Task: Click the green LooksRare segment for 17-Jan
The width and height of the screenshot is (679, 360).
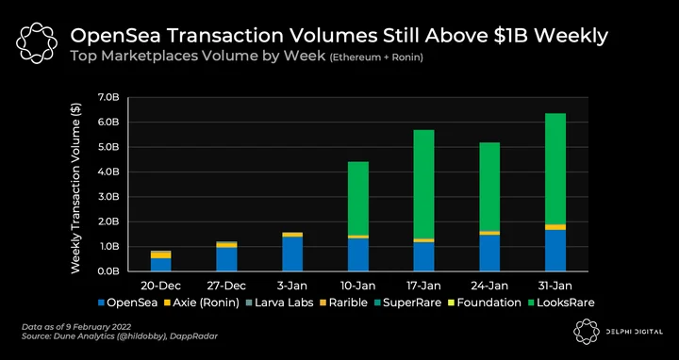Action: [x=423, y=185]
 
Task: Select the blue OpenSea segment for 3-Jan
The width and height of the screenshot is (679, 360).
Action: [x=292, y=254]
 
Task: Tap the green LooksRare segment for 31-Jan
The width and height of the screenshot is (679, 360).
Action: [x=555, y=169]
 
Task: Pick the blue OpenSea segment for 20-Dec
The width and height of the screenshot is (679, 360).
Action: [x=160, y=265]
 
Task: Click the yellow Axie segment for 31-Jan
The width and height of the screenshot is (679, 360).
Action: [x=555, y=227]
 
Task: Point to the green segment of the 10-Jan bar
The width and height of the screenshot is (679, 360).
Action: [x=358, y=199]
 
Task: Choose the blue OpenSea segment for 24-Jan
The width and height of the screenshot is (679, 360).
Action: [x=489, y=254]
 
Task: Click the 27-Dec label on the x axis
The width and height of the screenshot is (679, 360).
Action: [x=226, y=286]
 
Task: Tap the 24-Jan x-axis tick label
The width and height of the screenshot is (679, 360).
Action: [x=489, y=286]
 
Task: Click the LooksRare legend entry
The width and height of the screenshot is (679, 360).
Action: [x=561, y=303]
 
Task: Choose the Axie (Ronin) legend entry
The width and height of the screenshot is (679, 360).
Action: [x=203, y=303]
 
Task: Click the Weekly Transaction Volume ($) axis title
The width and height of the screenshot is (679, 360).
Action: [x=75, y=188]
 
